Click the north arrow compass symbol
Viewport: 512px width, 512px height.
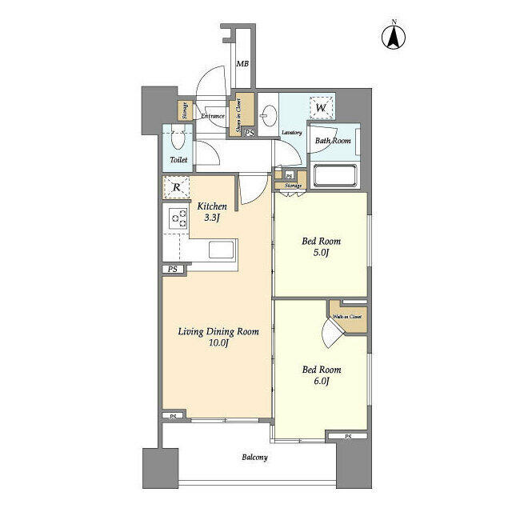tap(394, 36)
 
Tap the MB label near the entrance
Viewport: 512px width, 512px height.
tap(242, 65)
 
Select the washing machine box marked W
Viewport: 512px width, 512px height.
tap(322, 107)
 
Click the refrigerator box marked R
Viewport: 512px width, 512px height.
tap(176, 188)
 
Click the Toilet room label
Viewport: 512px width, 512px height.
tap(178, 160)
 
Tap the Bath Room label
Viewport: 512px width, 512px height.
tap(332, 142)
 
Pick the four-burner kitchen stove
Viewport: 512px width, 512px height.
tap(176, 217)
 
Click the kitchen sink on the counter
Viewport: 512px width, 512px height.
tap(223, 250)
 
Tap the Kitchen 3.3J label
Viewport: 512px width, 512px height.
tap(212, 211)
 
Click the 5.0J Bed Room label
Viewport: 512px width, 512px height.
tap(321, 246)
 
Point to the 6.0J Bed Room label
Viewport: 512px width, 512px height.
tap(321, 375)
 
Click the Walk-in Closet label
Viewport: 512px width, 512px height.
tap(347, 317)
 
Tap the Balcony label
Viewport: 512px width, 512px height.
tap(254, 458)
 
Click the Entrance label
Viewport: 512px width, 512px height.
tap(212, 116)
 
